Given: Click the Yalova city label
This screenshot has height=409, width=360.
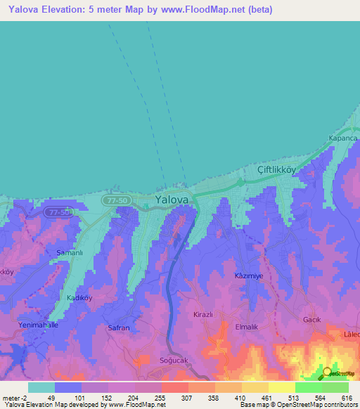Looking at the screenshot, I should tap(172, 200).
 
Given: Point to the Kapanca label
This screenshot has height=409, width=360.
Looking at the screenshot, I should tap(344, 138).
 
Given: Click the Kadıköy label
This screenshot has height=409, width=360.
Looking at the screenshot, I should tap(79, 297).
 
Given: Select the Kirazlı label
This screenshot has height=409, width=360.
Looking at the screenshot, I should tap(202, 315).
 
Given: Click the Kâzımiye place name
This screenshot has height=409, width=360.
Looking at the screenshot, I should tap(248, 276).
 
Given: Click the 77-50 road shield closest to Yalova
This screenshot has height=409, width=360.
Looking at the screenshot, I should tap(115, 200).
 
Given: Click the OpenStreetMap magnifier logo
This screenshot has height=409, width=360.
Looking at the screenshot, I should tap(327, 372).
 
